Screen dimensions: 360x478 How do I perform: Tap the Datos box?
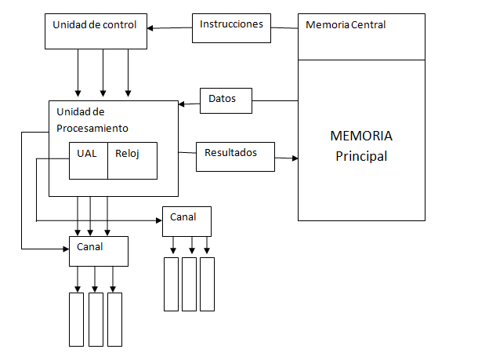click(228, 100)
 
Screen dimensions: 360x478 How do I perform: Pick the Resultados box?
click(235, 156)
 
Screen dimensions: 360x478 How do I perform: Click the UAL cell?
click(88, 160)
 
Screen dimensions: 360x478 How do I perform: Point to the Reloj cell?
click(132, 160)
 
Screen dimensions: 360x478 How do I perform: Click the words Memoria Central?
click(346, 25)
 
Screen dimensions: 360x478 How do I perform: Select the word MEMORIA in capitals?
click(361, 136)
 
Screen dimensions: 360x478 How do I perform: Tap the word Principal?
click(361, 156)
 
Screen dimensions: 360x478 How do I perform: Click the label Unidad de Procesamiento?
click(92, 120)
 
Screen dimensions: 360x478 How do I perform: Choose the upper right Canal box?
click(186, 220)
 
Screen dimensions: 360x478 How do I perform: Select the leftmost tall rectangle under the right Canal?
click(171, 283)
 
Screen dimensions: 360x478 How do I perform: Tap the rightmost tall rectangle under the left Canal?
click(114, 319)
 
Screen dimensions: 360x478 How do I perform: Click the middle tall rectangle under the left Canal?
click(96, 319)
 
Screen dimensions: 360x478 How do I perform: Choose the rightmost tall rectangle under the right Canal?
click(207, 283)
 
